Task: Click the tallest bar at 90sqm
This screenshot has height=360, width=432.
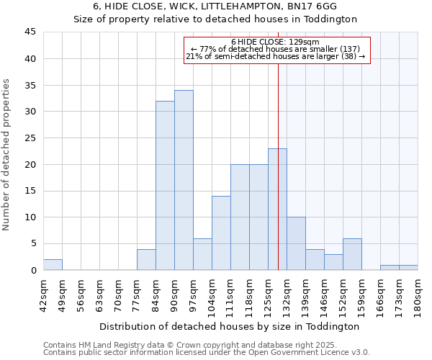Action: coord(184,180)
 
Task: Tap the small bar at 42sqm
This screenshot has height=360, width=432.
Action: coord(53,265)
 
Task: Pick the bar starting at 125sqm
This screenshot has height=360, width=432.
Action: coord(277,209)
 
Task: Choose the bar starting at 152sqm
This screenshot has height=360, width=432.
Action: coord(352,254)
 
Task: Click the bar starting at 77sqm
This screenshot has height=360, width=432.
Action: coord(146,259)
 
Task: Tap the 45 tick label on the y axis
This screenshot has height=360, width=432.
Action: coord(31,32)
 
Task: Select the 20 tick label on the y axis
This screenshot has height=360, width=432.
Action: coord(31,164)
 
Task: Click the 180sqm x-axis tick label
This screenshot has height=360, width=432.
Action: coord(418,297)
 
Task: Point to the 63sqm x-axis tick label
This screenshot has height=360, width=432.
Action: coord(99,297)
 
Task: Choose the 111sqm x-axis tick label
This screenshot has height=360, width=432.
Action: coord(230,297)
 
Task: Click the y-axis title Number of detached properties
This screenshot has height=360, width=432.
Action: coord(7,155)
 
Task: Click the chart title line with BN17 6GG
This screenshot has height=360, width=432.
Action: coord(215,6)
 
